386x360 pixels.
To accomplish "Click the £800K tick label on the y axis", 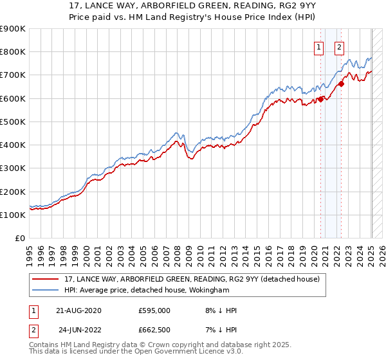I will (12, 52).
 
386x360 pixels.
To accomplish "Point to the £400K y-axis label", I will (12, 145).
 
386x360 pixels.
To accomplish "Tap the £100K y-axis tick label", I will (12, 215).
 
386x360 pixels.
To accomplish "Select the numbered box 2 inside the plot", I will (339, 46).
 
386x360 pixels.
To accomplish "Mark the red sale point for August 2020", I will (320, 99).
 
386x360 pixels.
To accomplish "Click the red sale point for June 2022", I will (342, 83).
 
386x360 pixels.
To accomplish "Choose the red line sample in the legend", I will (46, 278).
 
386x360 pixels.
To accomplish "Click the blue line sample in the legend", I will (46, 290).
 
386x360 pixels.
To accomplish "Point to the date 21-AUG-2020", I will (79, 310).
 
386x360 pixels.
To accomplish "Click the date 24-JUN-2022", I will (79, 329).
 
